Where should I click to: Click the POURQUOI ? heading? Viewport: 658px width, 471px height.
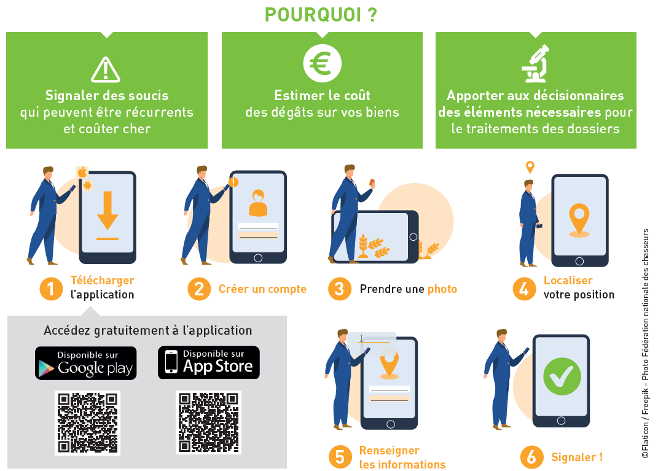pyautogui.click(x=321, y=15)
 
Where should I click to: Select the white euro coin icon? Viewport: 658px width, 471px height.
pyautogui.click(x=323, y=64)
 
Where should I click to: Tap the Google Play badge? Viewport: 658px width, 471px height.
pyautogui.click(x=86, y=363)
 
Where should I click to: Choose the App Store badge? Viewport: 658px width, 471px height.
pyautogui.click(x=208, y=363)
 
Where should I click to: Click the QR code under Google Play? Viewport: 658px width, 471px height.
pyautogui.click(x=87, y=422)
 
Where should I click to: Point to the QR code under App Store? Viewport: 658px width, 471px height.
pyautogui.click(x=208, y=422)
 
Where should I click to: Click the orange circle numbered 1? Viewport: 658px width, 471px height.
pyautogui.click(x=51, y=289)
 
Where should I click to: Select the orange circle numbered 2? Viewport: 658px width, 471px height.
pyautogui.click(x=199, y=289)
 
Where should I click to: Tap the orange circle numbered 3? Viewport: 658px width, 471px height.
pyautogui.click(x=340, y=289)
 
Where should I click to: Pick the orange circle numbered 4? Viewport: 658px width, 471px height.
pyautogui.click(x=524, y=289)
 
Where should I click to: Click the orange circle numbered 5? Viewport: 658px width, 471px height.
pyautogui.click(x=340, y=457)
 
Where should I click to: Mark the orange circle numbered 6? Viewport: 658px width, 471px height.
pyautogui.click(x=531, y=457)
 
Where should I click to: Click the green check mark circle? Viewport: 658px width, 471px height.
pyautogui.click(x=562, y=376)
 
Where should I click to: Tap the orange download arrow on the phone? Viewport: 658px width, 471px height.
pyautogui.click(x=108, y=211)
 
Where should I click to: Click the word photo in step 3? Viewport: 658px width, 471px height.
pyautogui.click(x=442, y=289)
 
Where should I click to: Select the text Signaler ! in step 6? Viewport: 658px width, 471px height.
pyautogui.click(x=577, y=457)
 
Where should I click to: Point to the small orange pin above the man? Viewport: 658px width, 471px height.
pyautogui.click(x=530, y=167)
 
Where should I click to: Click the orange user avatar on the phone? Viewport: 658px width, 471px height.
pyautogui.click(x=258, y=203)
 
